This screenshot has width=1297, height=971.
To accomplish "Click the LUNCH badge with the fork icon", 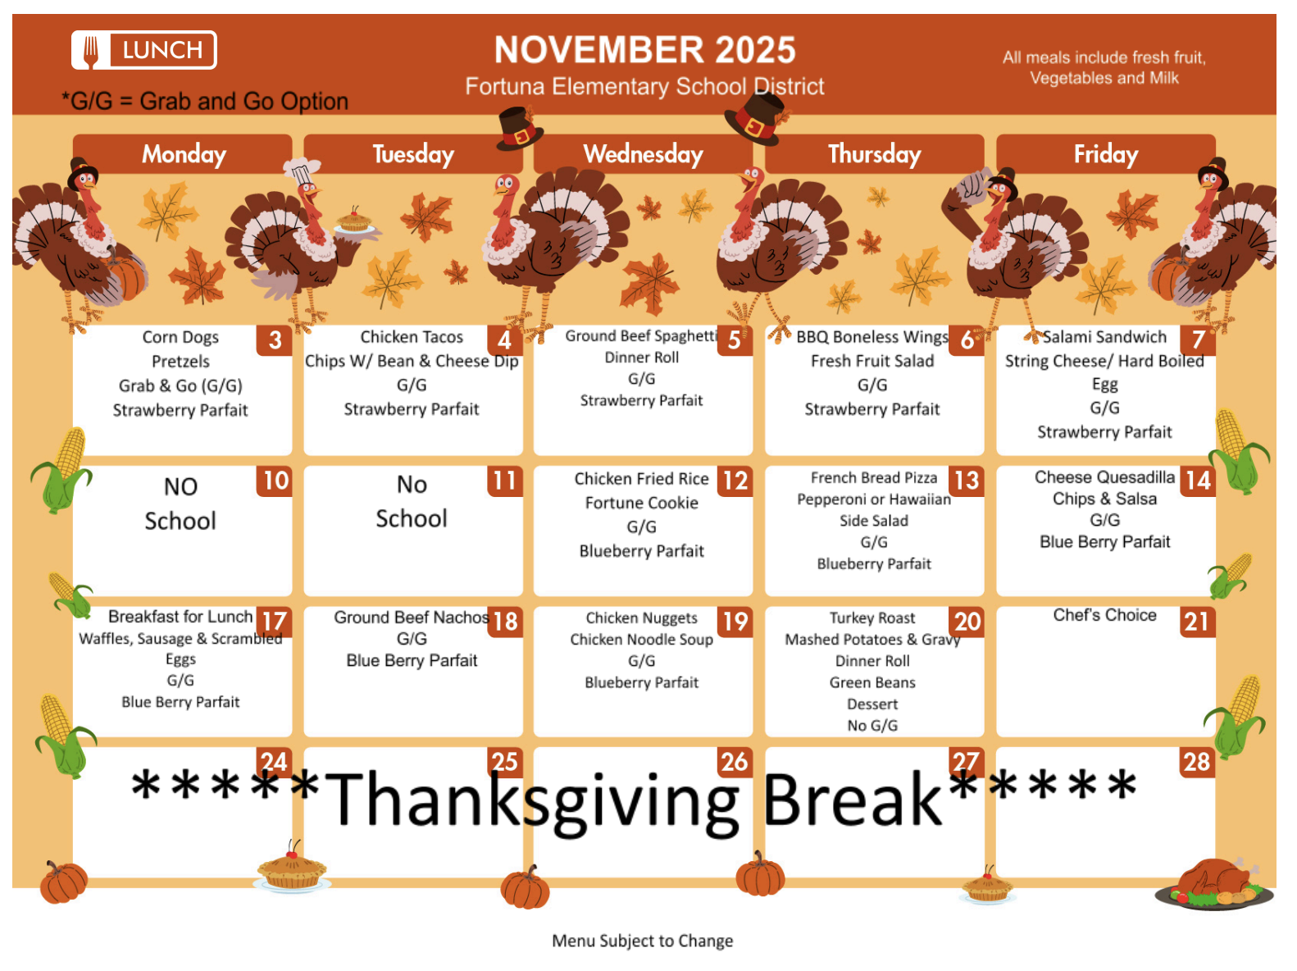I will pos(144,50).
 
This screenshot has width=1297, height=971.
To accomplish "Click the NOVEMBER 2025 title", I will pos(644,50).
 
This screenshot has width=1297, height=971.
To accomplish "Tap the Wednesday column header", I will pos(643,154).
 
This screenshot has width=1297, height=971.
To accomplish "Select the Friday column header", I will pos(1105,154).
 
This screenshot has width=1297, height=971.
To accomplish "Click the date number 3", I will pos(275,340).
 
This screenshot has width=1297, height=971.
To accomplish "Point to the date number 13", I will pos(967,481).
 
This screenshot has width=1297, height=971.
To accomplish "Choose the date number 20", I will pos(967,622).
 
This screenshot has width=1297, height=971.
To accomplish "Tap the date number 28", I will pos(1196,762).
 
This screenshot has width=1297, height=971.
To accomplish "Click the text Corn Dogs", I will pos(180,337).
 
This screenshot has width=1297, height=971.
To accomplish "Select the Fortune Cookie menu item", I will pos(641,503).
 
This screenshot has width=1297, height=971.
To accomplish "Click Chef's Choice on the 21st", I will pos(1104,615).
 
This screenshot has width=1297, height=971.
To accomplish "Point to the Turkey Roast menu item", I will pos(872,618).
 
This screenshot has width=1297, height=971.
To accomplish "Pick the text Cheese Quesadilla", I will pos(1104,477).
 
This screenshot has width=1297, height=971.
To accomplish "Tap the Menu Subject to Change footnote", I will pos(642,941).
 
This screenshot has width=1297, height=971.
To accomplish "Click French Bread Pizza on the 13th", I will pos(873,477).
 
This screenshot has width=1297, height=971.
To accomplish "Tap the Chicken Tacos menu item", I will pos(412,337).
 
